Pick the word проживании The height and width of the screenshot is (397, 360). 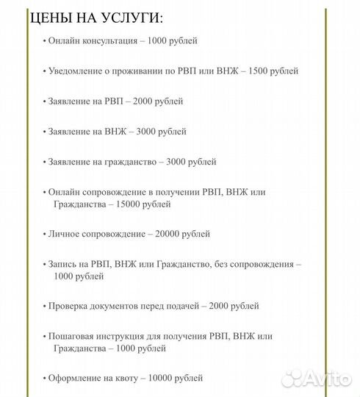(133, 71)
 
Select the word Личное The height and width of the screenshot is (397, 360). (64, 234)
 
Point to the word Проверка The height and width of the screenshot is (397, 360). (68, 306)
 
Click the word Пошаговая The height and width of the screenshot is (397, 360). (71, 336)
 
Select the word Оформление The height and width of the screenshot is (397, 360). (73, 378)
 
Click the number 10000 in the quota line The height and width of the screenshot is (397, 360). (162, 378)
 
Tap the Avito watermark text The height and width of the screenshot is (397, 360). (323, 379)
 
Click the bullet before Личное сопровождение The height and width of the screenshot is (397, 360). (45, 234)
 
